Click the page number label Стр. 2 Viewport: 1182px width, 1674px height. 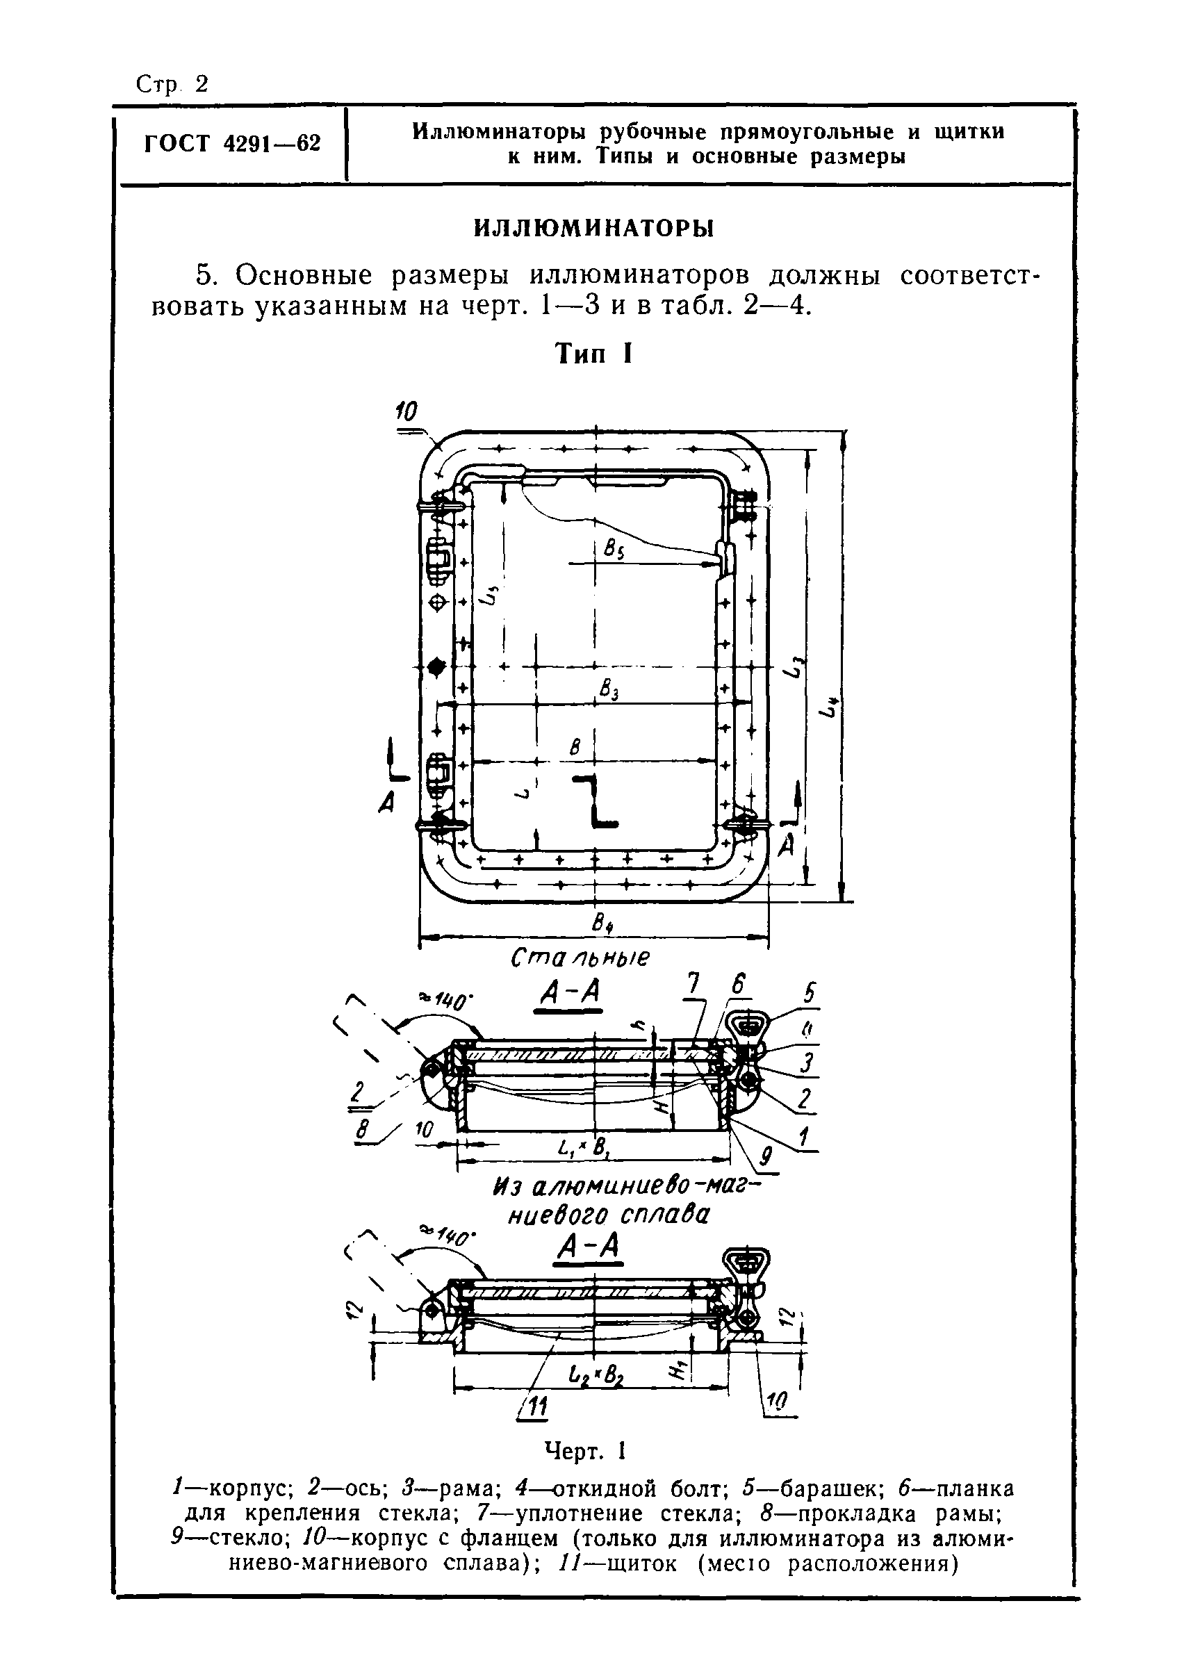point(172,85)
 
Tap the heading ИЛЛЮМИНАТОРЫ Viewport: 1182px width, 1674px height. point(594,228)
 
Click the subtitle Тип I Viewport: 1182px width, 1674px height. point(593,354)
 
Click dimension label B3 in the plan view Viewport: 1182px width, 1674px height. point(609,689)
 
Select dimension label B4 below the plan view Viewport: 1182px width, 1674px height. point(602,924)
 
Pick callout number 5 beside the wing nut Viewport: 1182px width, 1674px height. point(809,994)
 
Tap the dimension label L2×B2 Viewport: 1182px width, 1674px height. point(596,1377)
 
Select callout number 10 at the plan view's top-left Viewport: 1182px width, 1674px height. point(406,412)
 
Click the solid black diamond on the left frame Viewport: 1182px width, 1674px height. point(436,666)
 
